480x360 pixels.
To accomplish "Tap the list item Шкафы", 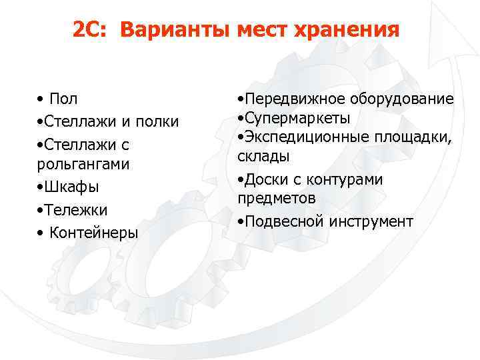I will pyautogui.click(x=67, y=187).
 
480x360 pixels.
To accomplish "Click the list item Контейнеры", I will pyautogui.click(x=94, y=233).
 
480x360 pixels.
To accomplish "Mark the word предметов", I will pyautogui.click(x=277, y=199).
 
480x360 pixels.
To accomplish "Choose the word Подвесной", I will pyautogui.click(x=283, y=222).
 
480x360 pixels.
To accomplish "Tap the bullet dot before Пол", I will pyautogui.click(x=41, y=100).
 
